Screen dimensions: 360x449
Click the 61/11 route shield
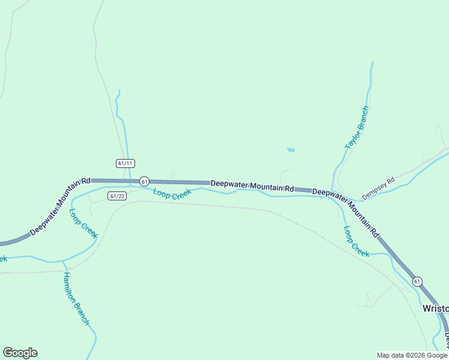click(125, 163)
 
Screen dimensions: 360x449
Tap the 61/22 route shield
click(118, 196)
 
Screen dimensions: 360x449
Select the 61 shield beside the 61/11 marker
click(144, 181)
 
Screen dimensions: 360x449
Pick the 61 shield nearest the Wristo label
click(417, 281)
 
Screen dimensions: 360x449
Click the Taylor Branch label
click(357, 128)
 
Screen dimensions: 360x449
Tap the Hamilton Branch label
click(76, 299)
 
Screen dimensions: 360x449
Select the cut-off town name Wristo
click(435, 308)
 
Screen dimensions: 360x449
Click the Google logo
click(20, 353)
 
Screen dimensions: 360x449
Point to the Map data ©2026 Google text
click(412, 355)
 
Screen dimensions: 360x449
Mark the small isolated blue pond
click(291, 149)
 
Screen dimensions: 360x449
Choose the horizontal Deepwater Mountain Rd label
click(252, 186)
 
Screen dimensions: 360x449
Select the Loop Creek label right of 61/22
click(172, 193)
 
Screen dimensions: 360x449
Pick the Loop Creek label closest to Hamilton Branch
click(83, 223)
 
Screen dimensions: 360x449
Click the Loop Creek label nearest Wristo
click(356, 241)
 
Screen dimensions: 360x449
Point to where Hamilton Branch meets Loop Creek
click(63, 261)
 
